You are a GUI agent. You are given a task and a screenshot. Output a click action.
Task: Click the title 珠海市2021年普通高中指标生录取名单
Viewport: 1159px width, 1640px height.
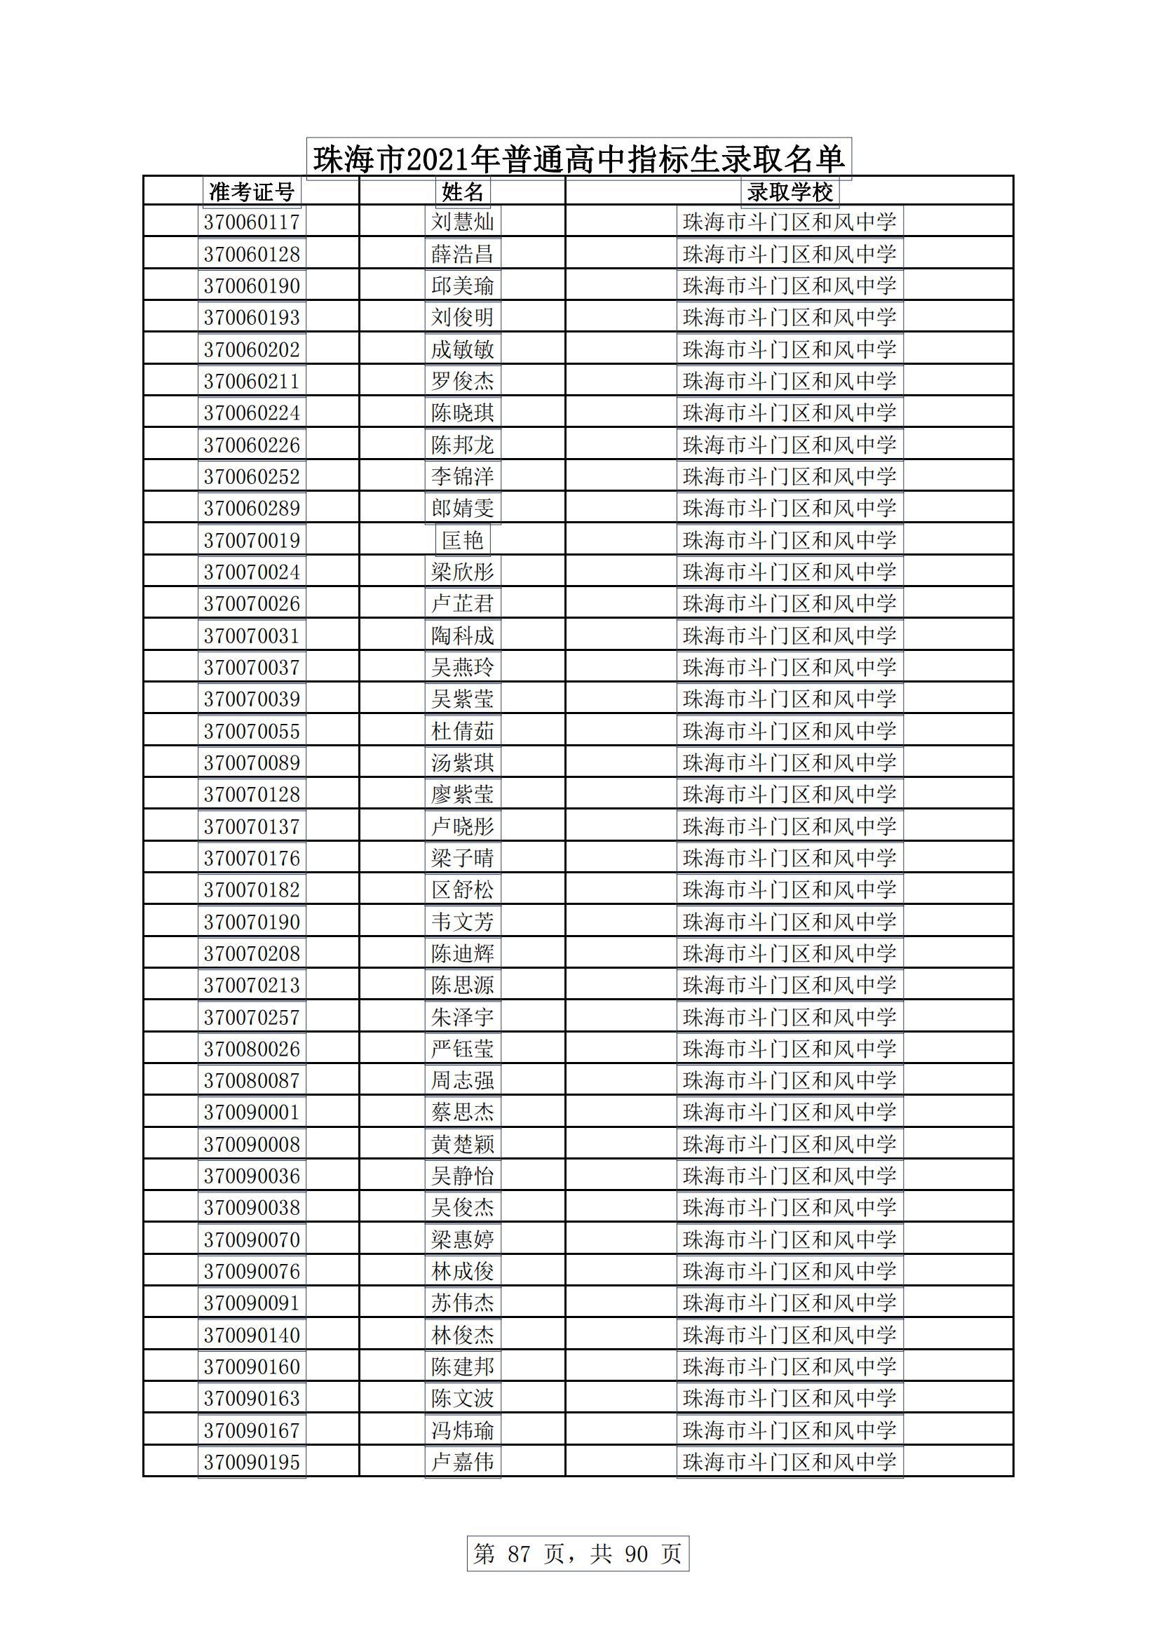(x=578, y=159)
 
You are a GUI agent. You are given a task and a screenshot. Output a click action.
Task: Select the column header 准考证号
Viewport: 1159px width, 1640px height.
(x=252, y=191)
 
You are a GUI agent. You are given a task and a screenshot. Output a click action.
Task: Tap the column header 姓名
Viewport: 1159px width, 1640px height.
(x=463, y=191)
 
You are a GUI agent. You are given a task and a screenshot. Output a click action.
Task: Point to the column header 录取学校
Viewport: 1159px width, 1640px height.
(x=789, y=191)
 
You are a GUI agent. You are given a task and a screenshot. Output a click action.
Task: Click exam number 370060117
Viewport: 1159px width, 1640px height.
(x=252, y=222)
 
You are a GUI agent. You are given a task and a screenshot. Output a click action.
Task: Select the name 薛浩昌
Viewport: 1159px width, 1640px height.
(x=463, y=255)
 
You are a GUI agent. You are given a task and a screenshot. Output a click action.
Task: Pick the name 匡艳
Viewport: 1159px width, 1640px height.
(x=463, y=540)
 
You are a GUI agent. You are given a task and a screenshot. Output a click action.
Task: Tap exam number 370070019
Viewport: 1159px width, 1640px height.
(x=252, y=540)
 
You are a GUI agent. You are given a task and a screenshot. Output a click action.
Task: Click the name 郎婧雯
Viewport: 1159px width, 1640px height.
(x=463, y=508)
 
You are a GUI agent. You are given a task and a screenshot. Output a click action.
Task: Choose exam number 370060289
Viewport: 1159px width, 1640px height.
(x=252, y=508)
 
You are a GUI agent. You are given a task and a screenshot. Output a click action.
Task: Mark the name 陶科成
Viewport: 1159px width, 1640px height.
(x=463, y=635)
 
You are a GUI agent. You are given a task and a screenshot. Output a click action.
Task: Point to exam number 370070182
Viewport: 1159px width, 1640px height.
(x=252, y=889)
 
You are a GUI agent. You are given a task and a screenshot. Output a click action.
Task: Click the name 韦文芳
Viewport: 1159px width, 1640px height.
(x=463, y=922)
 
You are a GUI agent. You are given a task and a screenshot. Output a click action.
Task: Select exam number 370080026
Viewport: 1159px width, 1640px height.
(x=252, y=1049)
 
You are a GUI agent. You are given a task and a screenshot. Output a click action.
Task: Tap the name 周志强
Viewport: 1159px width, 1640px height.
(x=463, y=1080)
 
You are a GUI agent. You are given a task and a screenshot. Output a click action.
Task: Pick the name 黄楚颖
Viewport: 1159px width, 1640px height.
(x=463, y=1143)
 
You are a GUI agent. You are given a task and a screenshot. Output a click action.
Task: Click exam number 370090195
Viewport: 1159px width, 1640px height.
(x=252, y=1461)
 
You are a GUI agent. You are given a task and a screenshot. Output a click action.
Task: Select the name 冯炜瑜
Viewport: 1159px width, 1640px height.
(x=463, y=1430)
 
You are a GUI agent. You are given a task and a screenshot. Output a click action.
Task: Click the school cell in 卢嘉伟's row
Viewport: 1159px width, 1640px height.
(x=789, y=1461)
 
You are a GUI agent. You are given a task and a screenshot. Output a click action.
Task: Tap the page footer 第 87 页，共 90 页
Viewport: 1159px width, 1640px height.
(x=578, y=1553)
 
